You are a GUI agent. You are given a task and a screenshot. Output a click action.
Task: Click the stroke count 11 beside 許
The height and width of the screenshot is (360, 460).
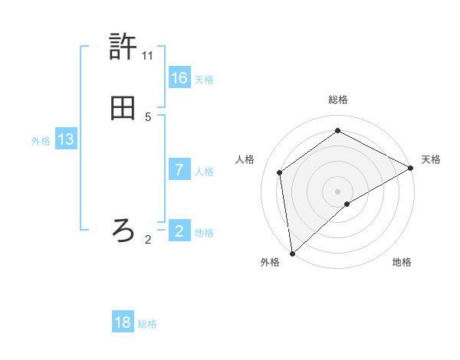pos(148,56)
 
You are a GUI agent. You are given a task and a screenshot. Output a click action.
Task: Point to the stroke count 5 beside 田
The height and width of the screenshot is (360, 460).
pos(148,117)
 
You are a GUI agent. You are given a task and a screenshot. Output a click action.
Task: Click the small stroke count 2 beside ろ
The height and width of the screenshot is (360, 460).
pos(148,240)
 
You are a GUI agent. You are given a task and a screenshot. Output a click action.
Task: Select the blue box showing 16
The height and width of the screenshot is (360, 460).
pos(179,78)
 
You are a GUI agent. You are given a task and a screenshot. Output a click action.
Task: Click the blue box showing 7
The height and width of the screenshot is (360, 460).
pos(179,170)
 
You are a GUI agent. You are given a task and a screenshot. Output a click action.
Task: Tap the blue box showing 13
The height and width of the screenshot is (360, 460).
pos(66,139)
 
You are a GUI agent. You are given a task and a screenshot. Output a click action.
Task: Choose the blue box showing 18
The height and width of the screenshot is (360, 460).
pos(123,322)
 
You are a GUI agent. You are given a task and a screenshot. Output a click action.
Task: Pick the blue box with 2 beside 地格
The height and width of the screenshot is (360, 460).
pos(179,231)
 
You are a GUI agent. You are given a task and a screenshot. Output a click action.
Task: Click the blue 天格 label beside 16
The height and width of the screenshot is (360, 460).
pos(204,80)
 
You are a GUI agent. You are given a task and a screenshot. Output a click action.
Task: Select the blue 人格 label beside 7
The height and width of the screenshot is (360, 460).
pos(204,172)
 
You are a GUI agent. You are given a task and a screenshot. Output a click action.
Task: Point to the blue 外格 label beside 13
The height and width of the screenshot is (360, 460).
pos(41,141)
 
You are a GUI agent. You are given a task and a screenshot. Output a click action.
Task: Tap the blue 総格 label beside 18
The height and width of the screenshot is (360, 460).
pos(147,324)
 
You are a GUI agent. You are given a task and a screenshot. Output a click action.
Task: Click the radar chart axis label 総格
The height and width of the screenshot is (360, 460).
pos(338,100)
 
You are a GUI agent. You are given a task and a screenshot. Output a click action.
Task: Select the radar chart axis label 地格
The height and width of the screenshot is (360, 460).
pos(402,262)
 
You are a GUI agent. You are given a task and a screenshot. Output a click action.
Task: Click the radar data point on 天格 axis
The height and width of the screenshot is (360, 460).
pos(411,169)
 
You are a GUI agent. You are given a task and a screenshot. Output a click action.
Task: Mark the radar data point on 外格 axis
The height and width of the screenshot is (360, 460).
pos(292,253)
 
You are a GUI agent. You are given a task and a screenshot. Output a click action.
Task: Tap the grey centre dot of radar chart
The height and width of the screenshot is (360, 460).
pos(338,191)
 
